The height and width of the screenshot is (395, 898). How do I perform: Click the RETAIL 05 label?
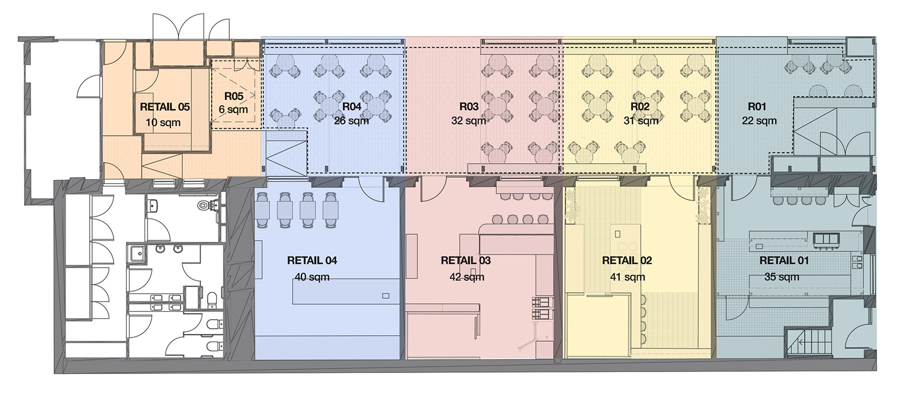165,107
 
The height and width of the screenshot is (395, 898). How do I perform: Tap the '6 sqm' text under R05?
233,109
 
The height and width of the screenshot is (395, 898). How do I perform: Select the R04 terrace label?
352,106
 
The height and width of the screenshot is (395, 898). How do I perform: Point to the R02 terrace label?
640,106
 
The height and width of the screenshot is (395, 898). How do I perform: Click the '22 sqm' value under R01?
759,121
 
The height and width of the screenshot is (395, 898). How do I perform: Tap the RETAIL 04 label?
312,260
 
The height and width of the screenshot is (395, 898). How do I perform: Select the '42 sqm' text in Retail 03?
466,277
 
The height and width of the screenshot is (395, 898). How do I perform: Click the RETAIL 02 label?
627,260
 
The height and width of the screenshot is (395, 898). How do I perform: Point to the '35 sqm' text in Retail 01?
781,277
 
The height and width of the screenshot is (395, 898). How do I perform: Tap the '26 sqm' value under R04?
351,121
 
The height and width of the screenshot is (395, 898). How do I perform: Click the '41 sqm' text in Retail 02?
627,277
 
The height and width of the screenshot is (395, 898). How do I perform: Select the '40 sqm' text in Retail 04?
312,277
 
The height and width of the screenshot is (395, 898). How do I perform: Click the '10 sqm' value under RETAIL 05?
163,123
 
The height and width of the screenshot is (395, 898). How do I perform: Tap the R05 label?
233,96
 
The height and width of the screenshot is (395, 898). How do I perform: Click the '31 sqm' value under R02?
641,121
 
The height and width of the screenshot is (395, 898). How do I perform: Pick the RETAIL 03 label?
465,260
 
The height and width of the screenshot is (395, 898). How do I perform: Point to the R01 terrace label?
757,106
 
